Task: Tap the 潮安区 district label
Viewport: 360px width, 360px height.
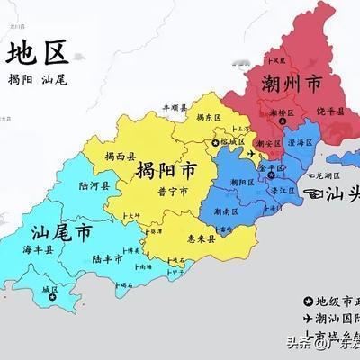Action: point(268,142)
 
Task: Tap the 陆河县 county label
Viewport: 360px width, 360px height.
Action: point(94,186)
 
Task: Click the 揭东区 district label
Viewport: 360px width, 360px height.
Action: point(209,116)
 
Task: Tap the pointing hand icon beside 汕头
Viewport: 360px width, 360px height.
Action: point(315,193)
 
